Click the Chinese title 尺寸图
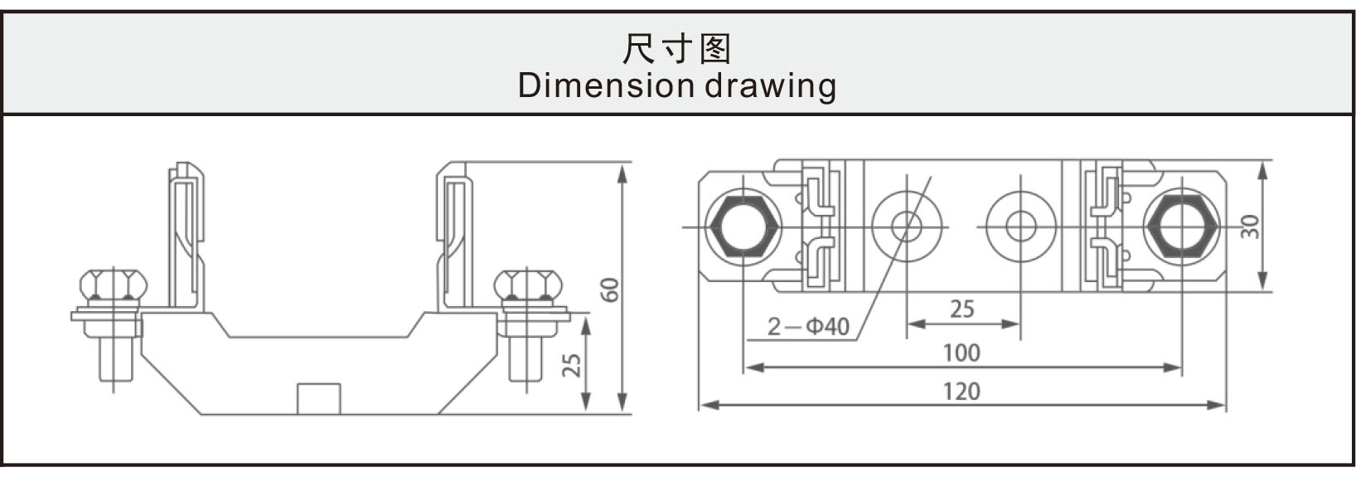tap(677, 49)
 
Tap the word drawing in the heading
tap(771, 86)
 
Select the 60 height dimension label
tap(610, 290)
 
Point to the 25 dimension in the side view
tap(571, 364)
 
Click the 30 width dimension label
tap(1249, 226)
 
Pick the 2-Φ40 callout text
tap(809, 327)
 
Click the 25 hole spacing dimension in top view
tap(962, 309)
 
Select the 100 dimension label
tap(962, 353)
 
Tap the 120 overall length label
tap(962, 392)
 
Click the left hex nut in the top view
tap(744, 227)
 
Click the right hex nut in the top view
tap(1181, 227)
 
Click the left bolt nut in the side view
tap(114, 285)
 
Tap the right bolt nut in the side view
tap(528, 285)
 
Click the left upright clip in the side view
tap(186, 236)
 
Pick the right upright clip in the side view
tap(454, 236)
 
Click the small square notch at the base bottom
tap(319, 399)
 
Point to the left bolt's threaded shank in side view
tap(115, 359)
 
